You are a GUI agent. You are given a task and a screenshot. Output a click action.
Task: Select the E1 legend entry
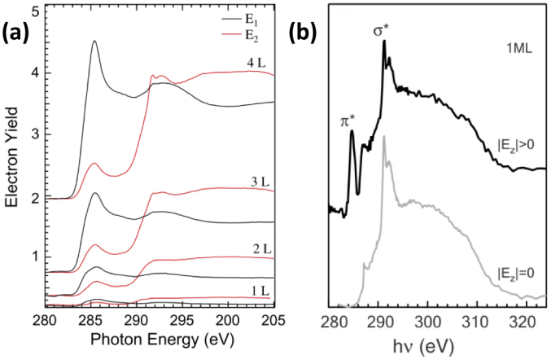243,16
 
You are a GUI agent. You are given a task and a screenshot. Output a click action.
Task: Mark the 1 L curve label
237,288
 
